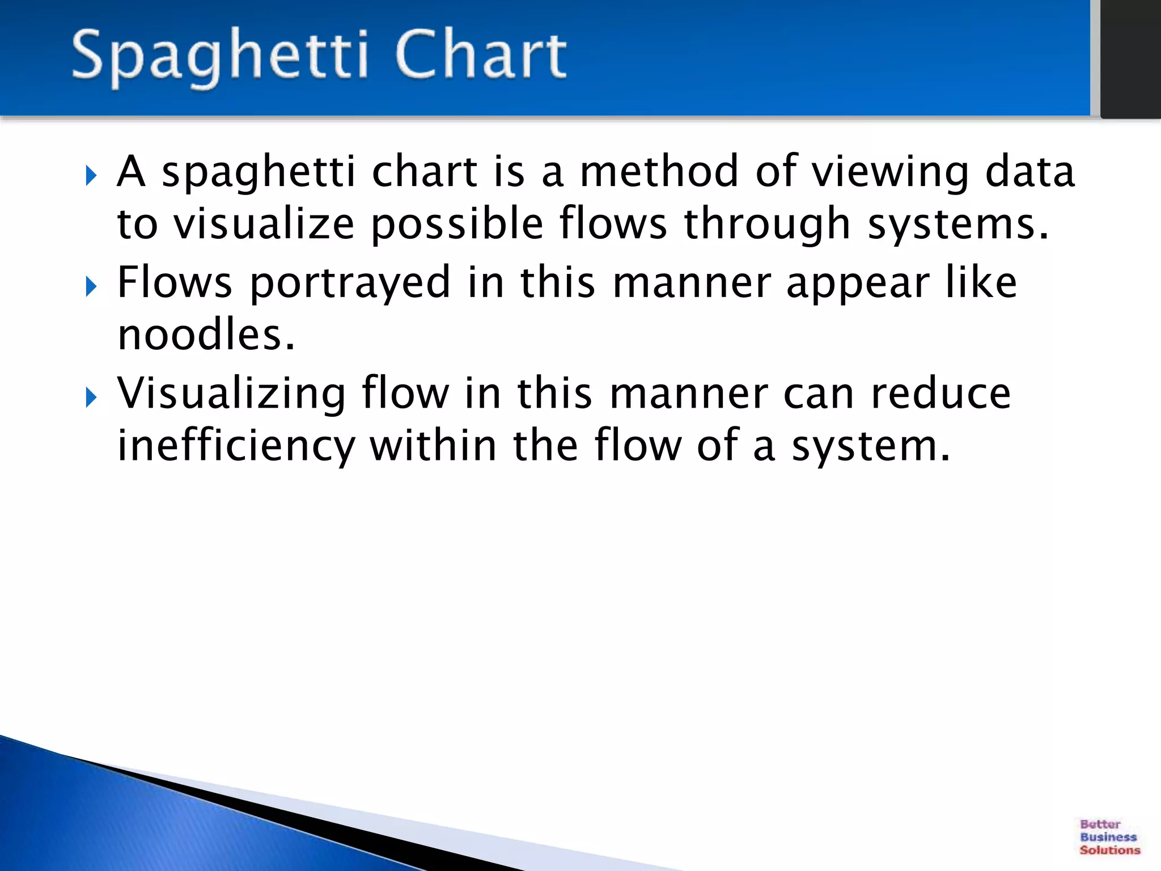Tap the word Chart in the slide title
click(481, 54)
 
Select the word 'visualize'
click(264, 223)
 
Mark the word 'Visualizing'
click(231, 394)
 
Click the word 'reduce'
click(940, 393)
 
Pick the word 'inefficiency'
click(236, 447)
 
